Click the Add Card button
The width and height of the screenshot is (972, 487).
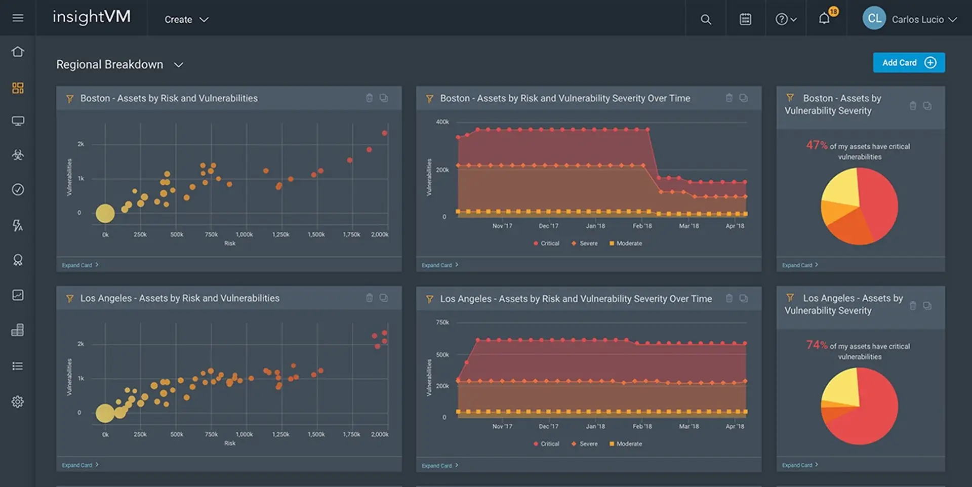coord(908,63)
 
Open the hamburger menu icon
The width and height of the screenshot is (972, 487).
coord(18,18)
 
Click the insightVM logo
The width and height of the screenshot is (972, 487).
coord(92,18)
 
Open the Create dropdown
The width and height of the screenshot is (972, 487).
coord(186,20)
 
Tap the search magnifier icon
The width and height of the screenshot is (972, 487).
coord(705,20)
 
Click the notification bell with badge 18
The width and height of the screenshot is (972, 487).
coord(824,19)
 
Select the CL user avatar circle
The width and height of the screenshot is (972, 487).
coord(874,19)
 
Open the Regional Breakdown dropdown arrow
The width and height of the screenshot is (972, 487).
coord(178,65)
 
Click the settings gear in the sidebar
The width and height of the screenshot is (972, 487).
coord(18,401)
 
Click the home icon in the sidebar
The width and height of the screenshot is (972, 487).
coord(18,52)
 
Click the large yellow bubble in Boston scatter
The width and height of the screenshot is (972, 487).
coord(105,214)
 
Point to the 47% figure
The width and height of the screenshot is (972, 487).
coord(817,145)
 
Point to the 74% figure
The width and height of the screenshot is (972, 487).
coord(817,345)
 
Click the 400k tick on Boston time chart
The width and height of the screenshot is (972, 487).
coord(442,122)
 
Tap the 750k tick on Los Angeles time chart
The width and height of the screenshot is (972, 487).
coord(442,322)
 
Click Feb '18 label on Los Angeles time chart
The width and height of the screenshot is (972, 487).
coord(642,426)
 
